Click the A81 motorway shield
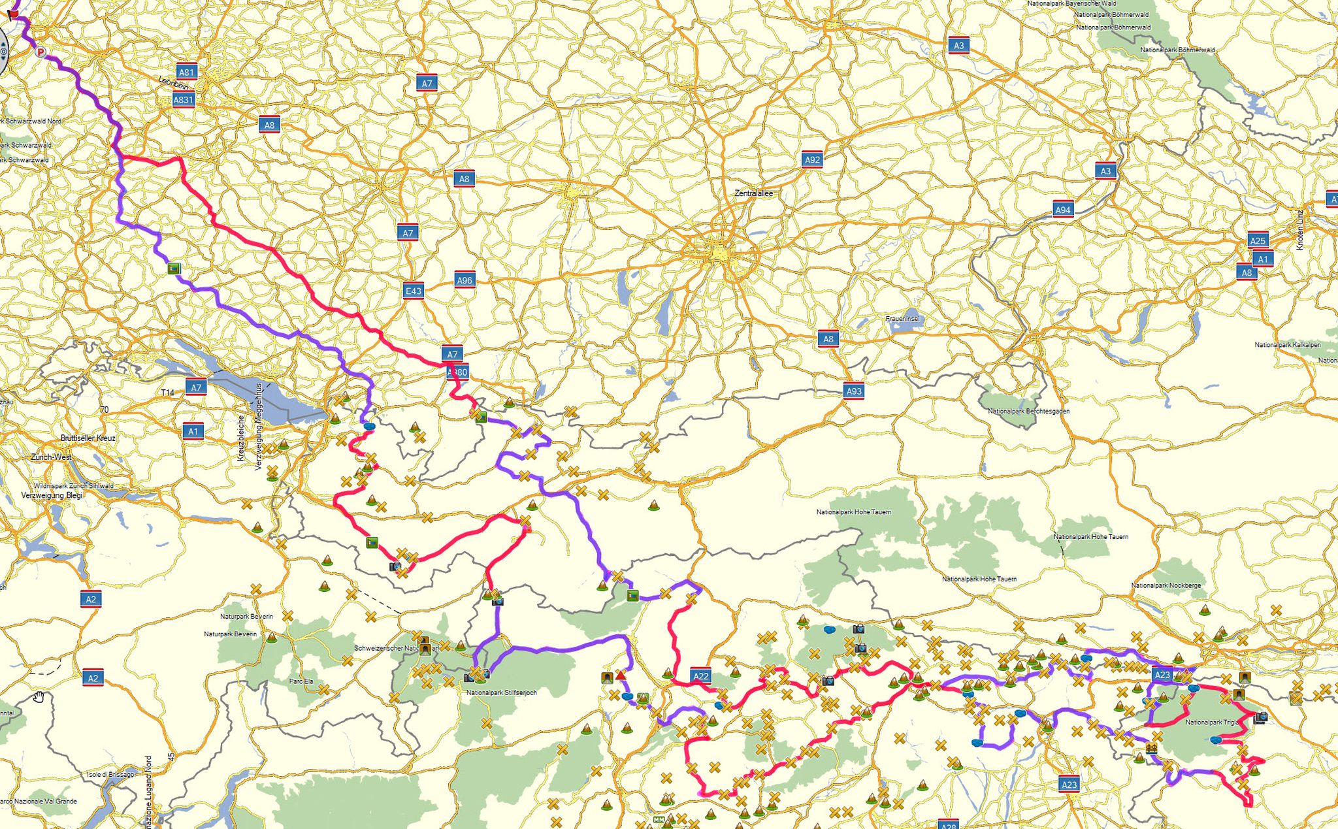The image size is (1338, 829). coord(186,73)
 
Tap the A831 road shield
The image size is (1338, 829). coord(184,100)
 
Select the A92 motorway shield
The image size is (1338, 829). coord(812,159)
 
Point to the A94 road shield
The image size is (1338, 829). coord(1063,210)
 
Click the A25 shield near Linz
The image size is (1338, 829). coord(1258,240)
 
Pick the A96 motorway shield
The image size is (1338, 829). coord(465,280)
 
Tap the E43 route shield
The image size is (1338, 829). coord(414,291)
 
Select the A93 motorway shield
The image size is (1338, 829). coord(854,391)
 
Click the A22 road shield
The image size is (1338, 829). coord(701,676)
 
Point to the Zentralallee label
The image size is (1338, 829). coord(753,193)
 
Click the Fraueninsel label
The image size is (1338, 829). coord(902,319)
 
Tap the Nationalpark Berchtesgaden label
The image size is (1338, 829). coord(1028,411)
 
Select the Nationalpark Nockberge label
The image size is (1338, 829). coord(1166,585)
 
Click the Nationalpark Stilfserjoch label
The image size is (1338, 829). coord(501,692)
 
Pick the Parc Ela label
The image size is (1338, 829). coord(301,681)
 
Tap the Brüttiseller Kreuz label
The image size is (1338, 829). coord(88,438)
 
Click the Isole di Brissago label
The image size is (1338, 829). coord(110,775)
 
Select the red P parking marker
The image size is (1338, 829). coord(41,52)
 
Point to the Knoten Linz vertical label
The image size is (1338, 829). coord(1299,229)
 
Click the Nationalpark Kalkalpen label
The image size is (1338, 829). coord(1287,345)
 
